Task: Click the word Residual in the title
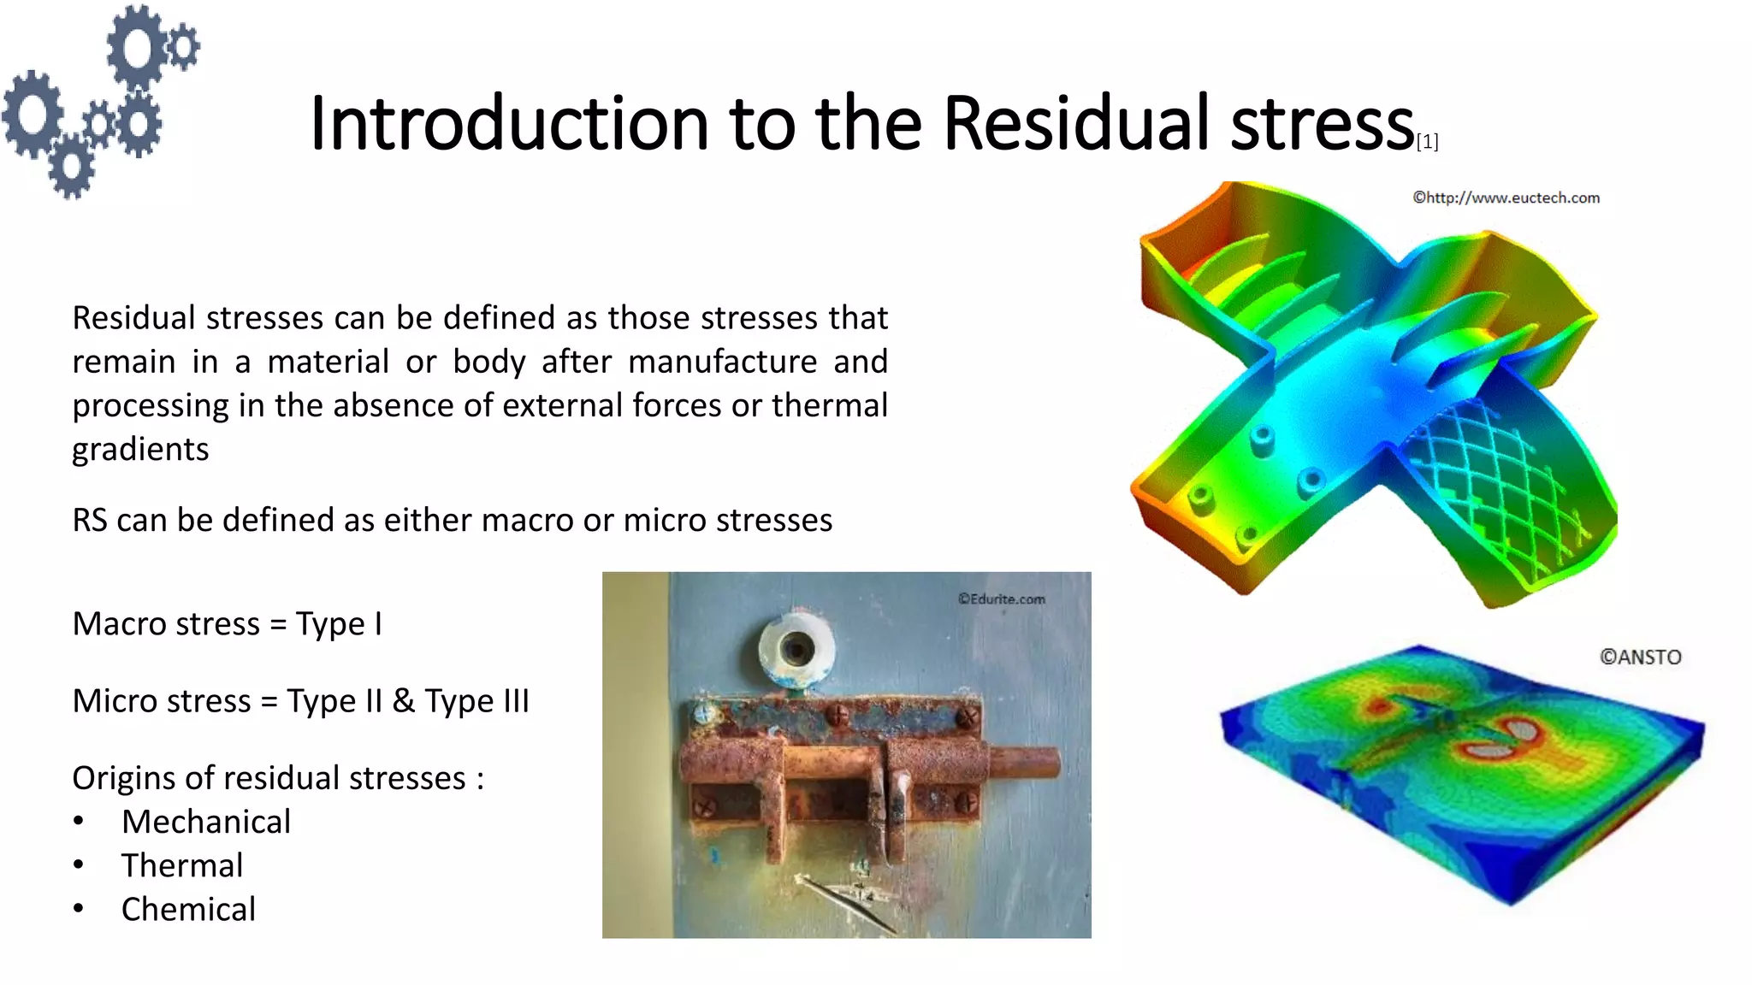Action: (x=1077, y=124)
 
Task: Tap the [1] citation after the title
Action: (x=1427, y=142)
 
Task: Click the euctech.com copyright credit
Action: (x=1506, y=198)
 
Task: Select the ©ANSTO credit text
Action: (x=1640, y=658)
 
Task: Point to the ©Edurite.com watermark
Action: (x=1001, y=599)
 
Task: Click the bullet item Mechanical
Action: (x=205, y=822)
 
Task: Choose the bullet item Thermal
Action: (x=181, y=865)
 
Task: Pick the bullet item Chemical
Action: (x=188, y=909)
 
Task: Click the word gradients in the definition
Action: (x=140, y=450)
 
